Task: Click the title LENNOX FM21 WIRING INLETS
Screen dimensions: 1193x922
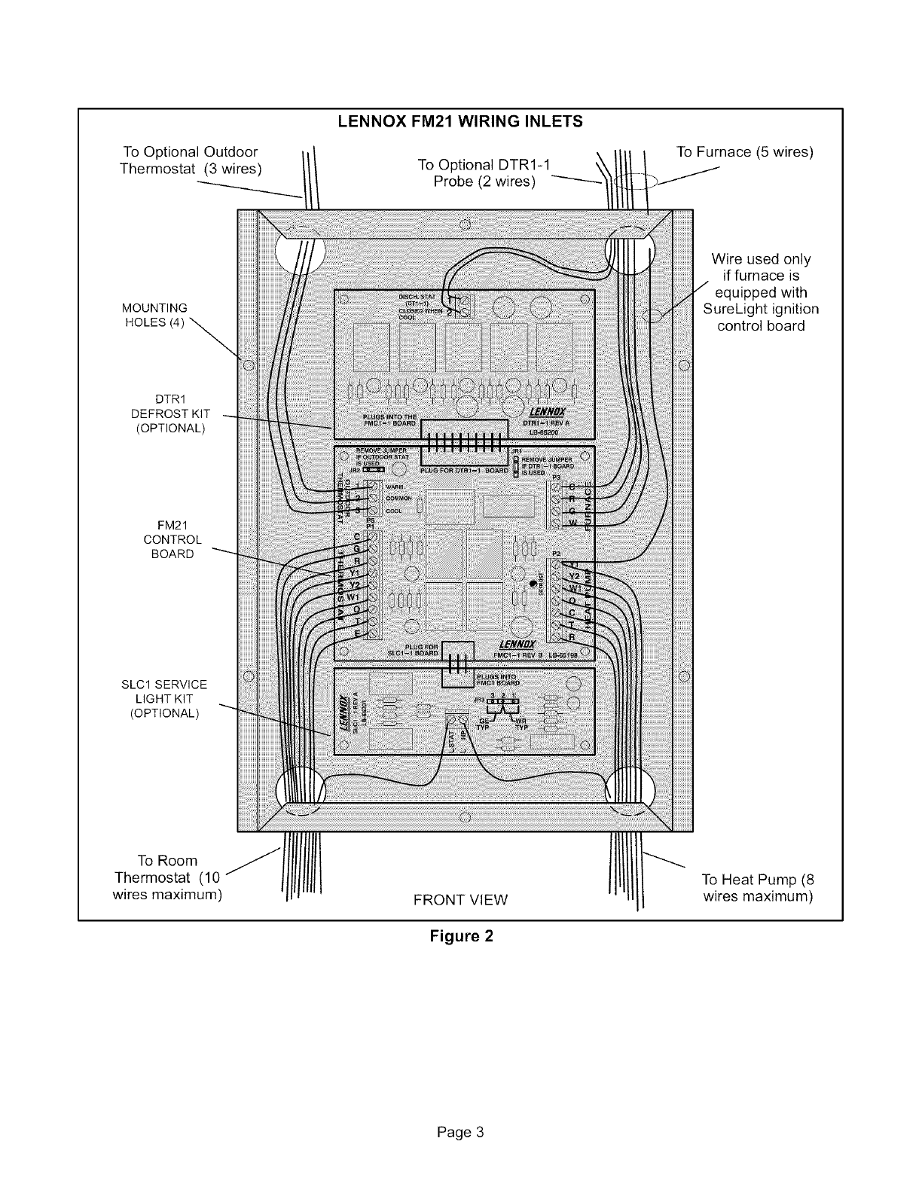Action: (460, 121)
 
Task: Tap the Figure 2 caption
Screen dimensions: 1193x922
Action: (461, 936)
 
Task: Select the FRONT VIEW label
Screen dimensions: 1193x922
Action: (460, 899)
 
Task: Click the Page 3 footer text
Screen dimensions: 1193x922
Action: (460, 1111)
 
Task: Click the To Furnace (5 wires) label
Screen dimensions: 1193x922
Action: (745, 152)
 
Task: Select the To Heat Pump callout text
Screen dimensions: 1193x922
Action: (757, 888)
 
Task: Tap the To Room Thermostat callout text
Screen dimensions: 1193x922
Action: (167, 877)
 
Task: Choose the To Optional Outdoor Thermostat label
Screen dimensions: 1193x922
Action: (190, 160)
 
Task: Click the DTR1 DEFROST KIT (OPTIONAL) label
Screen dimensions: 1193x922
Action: (170, 413)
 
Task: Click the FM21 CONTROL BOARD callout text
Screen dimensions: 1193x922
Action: (172, 539)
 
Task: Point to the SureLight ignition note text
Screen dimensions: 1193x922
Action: (760, 292)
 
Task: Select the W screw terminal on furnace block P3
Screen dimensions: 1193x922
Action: (557, 523)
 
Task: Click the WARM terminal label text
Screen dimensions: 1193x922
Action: (397, 486)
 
